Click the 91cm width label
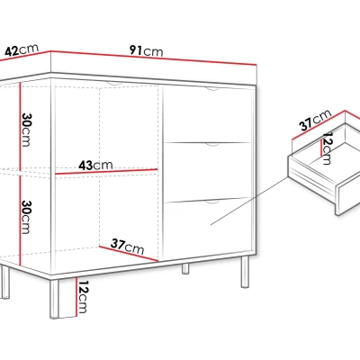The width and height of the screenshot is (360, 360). (147, 50)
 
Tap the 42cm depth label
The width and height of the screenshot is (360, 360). (22, 49)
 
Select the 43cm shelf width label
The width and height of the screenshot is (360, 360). (95, 166)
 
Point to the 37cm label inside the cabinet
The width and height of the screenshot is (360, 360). (127, 247)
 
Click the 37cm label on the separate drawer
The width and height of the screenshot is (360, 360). (315, 121)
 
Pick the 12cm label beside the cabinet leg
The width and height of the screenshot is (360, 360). (82, 297)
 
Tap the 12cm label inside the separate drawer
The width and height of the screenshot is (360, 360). (327, 148)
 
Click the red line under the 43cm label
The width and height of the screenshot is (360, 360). (106, 172)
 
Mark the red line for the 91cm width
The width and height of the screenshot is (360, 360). (154, 58)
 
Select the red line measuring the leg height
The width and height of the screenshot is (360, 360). (76, 297)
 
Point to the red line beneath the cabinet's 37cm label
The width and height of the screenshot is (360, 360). (129, 254)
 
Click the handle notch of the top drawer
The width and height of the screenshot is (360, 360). (212, 89)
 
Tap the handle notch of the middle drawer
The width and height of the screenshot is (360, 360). (212, 145)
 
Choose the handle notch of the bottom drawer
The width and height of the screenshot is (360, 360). (212, 202)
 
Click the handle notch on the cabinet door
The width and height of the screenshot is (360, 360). (114, 84)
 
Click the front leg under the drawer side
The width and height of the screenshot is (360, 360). (245, 272)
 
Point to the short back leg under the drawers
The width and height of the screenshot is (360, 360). (185, 268)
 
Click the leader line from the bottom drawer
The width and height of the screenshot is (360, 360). (249, 201)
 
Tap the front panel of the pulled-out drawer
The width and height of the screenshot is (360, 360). (348, 198)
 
